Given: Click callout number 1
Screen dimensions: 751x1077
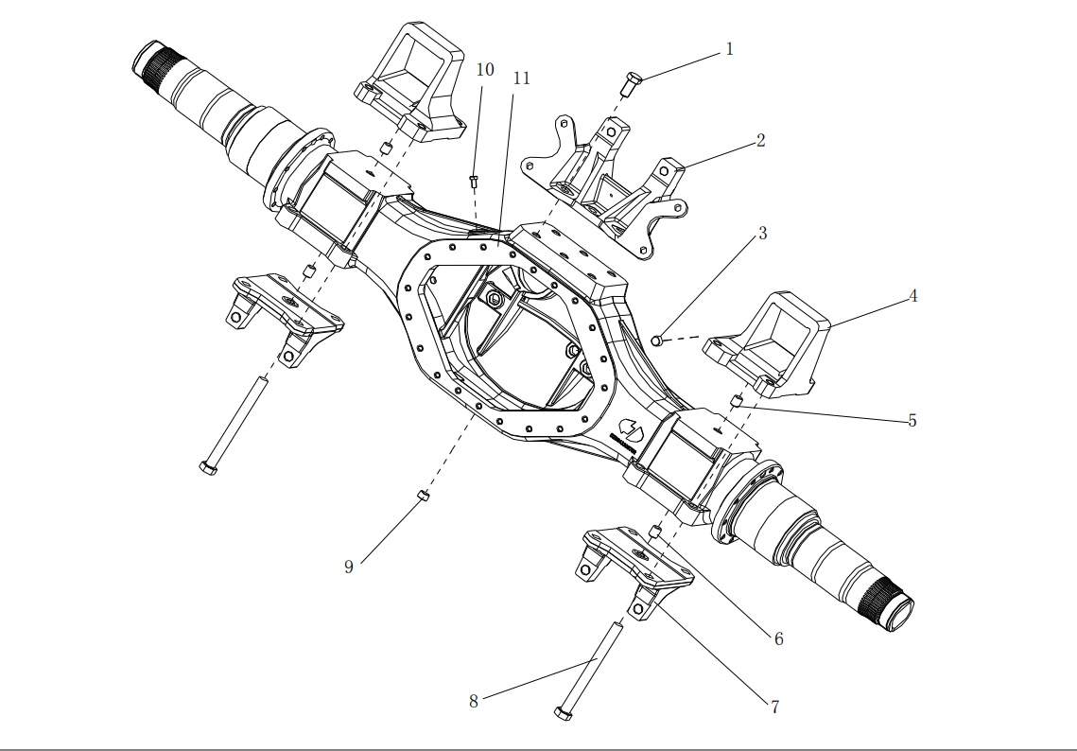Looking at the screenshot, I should [729, 48].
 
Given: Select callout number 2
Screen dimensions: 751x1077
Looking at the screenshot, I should [760, 141].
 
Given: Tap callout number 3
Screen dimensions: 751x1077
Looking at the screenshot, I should [762, 234].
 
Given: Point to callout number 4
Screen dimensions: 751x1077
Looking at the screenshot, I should [912, 296].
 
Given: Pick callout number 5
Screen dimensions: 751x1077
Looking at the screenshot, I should [912, 421].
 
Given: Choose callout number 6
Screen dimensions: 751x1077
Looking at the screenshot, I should [778, 639].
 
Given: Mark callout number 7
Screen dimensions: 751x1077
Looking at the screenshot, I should [774, 707].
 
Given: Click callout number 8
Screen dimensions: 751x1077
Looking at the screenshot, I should [474, 701].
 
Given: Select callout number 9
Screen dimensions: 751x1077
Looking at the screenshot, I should [349, 567].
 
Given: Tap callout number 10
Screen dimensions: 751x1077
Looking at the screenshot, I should [485, 70].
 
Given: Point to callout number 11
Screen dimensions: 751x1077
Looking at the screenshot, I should [521, 78].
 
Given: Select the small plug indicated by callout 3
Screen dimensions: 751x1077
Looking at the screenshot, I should [660, 339].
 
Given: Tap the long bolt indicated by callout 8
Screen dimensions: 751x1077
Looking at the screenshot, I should [588, 670].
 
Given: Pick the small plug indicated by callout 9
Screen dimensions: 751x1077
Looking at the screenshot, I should [424, 495].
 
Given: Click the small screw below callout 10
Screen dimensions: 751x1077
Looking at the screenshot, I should [474, 180].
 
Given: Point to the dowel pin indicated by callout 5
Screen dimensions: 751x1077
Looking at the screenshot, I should [737, 400].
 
